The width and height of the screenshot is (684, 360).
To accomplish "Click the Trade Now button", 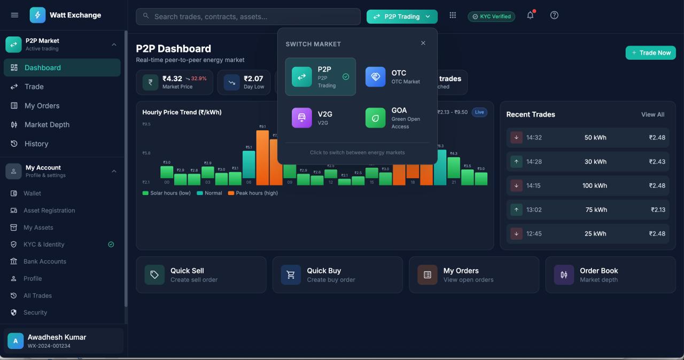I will (x=650, y=53).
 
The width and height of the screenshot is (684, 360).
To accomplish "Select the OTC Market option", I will (x=395, y=77).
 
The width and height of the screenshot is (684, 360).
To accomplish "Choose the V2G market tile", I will (x=320, y=118).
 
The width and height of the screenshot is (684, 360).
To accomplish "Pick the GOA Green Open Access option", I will (x=395, y=118).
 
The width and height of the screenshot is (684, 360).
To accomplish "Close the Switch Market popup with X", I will (x=423, y=43).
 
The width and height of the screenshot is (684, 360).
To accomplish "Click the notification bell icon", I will (x=530, y=15).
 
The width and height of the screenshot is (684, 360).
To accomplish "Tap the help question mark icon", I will (x=554, y=15).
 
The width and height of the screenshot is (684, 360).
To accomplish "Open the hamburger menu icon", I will (x=14, y=15).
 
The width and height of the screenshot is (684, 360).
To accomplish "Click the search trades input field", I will (x=248, y=17).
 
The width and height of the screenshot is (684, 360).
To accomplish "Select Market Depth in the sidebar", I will (x=47, y=124).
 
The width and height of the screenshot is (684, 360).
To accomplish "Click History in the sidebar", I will (x=36, y=144).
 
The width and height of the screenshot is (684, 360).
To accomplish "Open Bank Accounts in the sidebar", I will (x=45, y=261).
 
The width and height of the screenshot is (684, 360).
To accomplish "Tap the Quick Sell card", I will (x=201, y=275).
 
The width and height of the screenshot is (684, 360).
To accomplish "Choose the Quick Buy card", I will (x=337, y=275).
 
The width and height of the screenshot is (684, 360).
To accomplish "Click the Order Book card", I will (x=610, y=275).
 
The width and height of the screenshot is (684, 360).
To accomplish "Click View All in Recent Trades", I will (x=652, y=114).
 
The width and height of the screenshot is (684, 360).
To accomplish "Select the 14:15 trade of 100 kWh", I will (x=587, y=185).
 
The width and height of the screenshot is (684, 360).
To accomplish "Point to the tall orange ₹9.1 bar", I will (x=262, y=158).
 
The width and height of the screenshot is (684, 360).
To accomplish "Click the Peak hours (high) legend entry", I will (x=253, y=193).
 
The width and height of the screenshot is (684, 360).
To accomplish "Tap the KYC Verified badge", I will (x=491, y=17).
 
